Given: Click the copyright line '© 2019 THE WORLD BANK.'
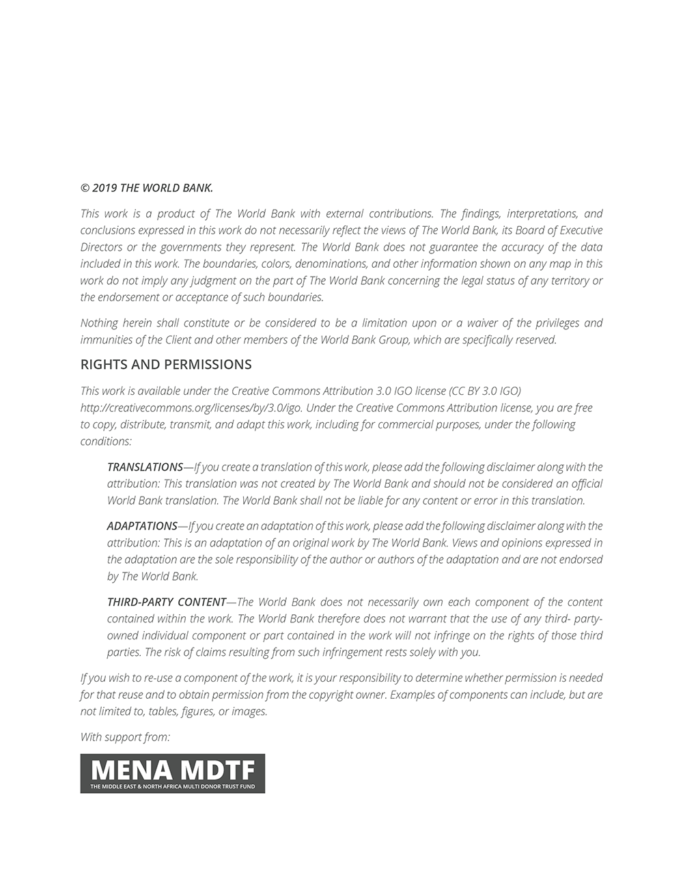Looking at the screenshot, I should point(147,188).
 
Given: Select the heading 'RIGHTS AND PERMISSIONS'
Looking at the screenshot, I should point(166,365).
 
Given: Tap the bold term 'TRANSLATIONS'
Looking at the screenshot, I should point(145,467).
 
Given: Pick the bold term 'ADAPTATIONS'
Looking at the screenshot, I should point(142,526).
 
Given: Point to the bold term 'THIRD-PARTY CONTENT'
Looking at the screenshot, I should point(167,602).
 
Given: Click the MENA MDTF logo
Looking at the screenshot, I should point(172,773).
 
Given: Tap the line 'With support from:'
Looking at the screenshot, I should point(125,736).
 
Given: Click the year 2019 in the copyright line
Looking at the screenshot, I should point(104,188).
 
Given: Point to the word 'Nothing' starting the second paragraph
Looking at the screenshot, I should point(99,322).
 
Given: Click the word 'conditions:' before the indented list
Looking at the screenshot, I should point(106,441).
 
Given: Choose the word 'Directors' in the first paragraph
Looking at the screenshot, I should point(101,247).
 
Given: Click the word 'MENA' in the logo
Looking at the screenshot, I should point(131,770).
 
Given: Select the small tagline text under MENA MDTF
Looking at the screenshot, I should point(172,787).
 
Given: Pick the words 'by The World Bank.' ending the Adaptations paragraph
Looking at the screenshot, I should point(153,576).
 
